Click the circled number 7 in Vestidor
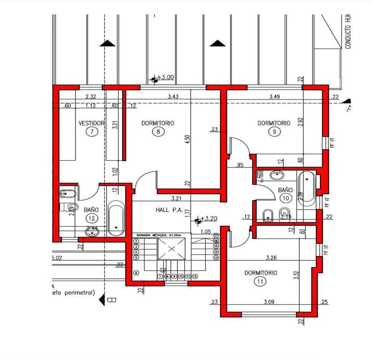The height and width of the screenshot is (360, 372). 92,132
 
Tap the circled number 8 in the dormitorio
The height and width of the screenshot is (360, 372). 158,132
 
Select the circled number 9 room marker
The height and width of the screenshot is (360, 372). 274,132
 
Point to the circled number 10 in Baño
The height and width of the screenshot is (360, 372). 285,198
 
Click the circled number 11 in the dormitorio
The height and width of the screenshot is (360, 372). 260,281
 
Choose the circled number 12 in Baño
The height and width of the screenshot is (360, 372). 91,218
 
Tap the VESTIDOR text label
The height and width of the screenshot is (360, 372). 91,123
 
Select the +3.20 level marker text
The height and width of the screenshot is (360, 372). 208,219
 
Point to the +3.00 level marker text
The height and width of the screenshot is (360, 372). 166,77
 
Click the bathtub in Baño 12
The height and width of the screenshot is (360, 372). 116,220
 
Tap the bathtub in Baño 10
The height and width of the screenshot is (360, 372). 306,189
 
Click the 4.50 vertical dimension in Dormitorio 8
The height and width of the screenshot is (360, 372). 187,140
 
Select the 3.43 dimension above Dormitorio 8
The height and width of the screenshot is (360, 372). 173,97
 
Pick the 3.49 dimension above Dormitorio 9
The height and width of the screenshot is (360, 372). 275,97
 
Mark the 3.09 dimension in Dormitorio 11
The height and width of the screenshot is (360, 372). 269,302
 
